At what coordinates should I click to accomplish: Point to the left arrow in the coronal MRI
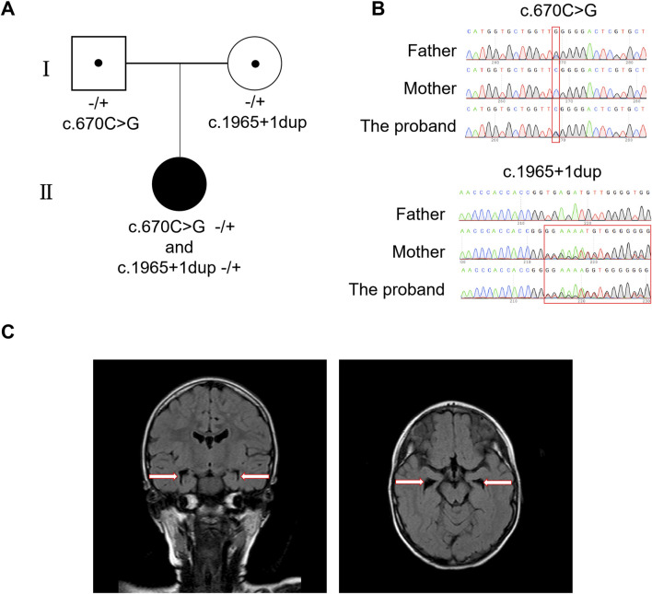tap(165, 476)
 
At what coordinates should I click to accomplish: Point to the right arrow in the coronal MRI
tap(254, 476)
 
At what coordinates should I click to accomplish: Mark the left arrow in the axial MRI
tap(410, 481)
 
